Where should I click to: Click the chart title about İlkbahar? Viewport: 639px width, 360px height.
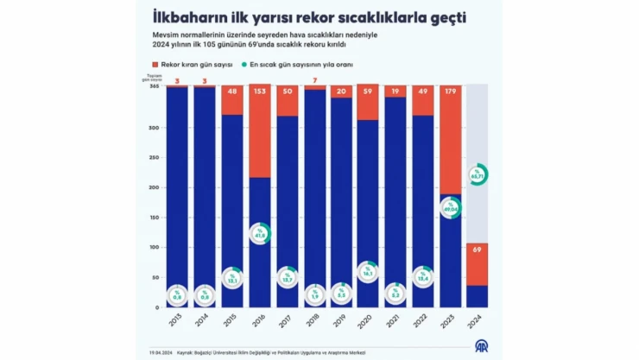(x=319, y=17)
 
